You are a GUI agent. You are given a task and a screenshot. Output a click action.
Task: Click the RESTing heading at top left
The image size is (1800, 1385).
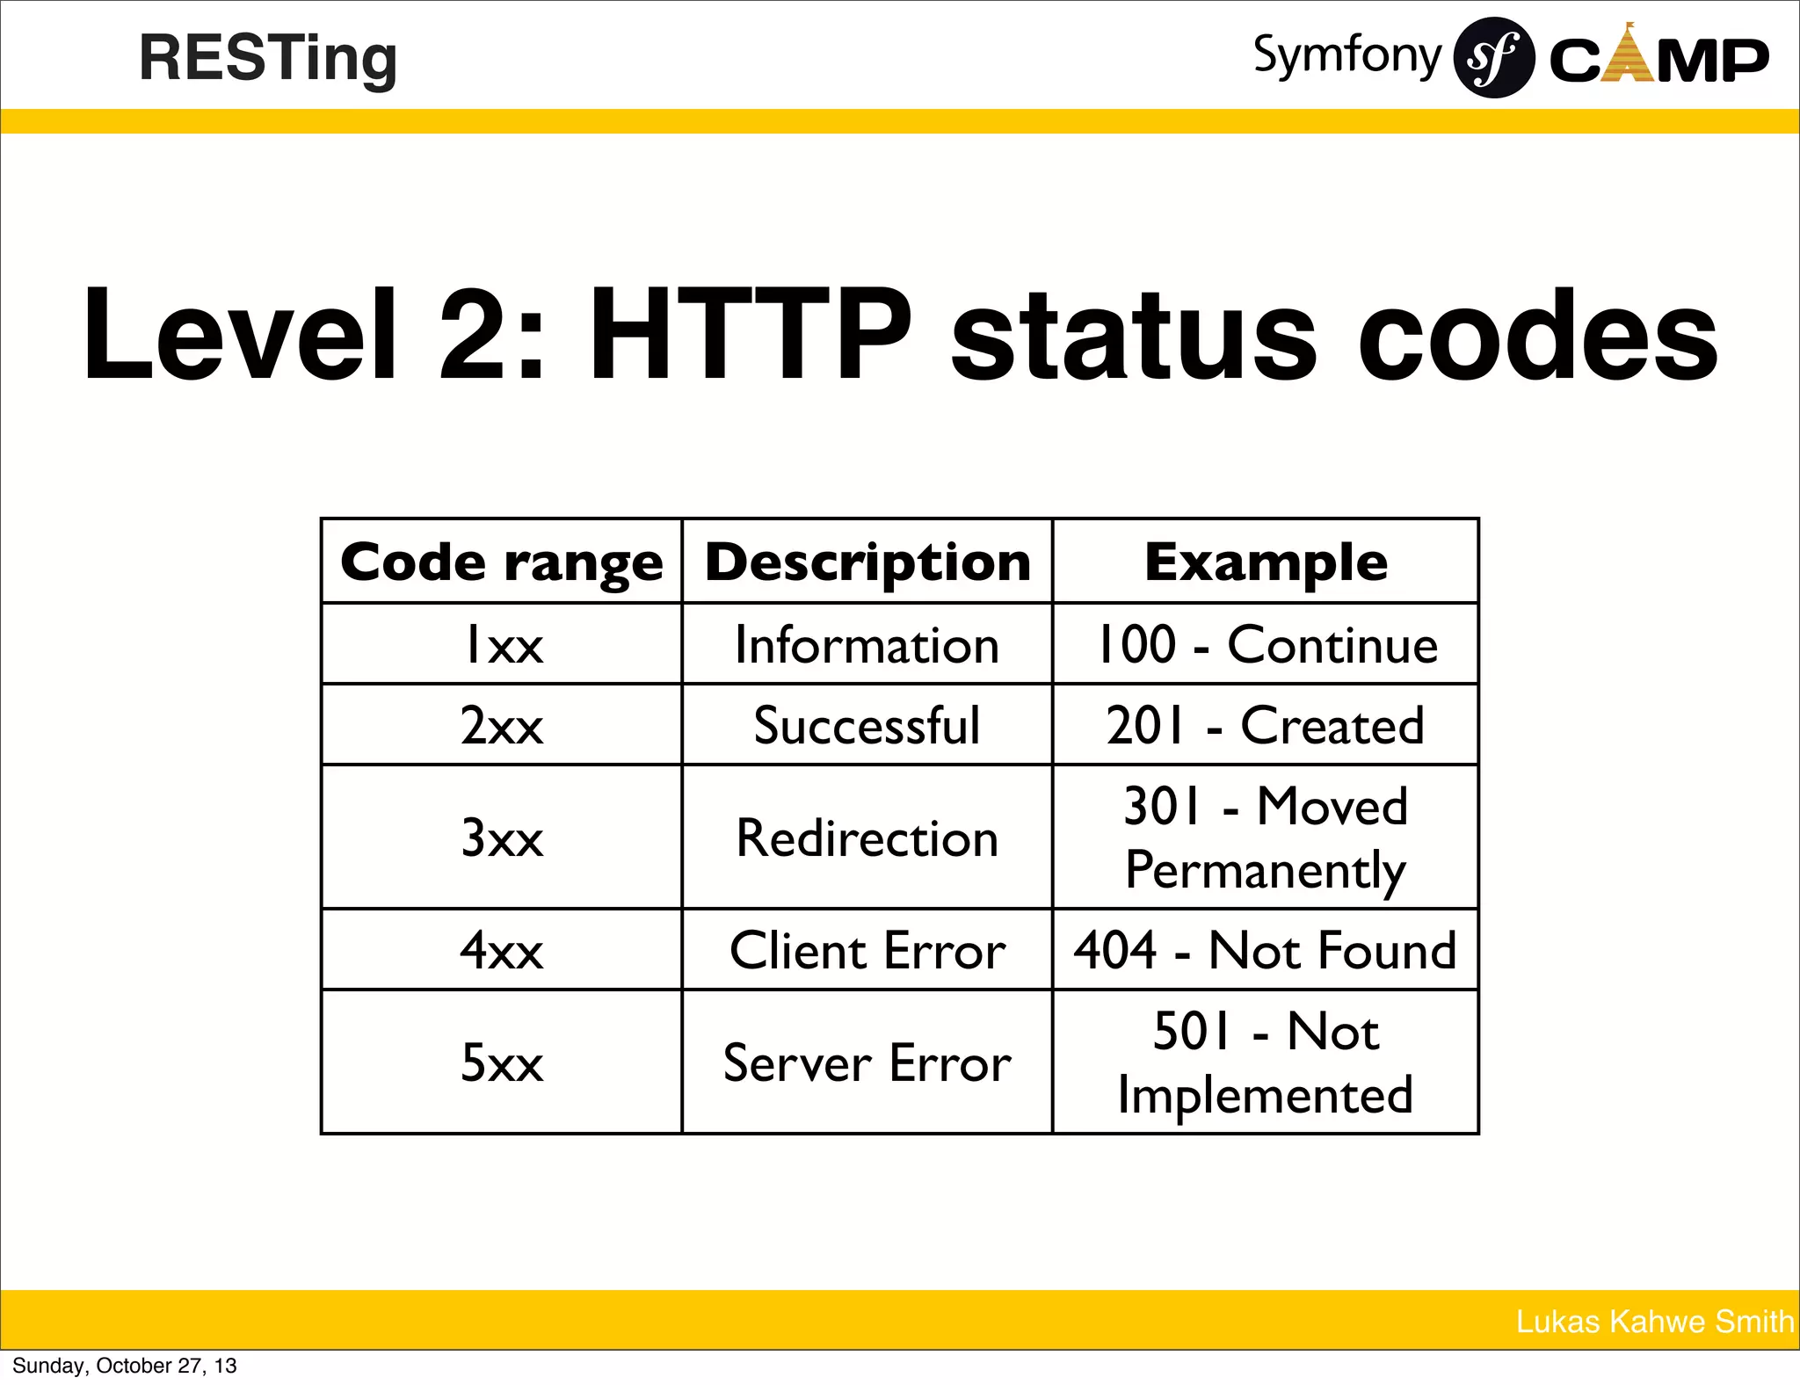(x=268, y=60)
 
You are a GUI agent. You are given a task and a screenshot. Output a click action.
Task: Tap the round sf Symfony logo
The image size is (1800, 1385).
(x=1493, y=58)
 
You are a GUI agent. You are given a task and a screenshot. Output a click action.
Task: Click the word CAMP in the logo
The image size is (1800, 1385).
(x=1658, y=60)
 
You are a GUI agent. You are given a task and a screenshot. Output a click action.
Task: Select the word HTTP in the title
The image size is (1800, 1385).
(x=751, y=336)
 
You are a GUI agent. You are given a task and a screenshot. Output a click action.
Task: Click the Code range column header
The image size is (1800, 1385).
(x=502, y=562)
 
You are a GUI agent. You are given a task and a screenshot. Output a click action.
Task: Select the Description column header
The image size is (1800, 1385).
(x=867, y=562)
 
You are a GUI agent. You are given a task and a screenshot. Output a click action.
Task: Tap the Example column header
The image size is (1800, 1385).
(x=1266, y=562)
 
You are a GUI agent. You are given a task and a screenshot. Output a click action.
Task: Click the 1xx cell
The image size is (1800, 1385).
(x=502, y=645)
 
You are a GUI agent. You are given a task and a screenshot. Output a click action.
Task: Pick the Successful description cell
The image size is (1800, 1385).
(x=867, y=726)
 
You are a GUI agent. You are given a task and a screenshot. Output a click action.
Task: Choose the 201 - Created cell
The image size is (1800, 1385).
(x=1266, y=726)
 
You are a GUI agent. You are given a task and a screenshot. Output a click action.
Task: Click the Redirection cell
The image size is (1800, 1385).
(x=867, y=838)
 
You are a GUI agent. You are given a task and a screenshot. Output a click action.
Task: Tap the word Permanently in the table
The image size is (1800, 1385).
(x=1266, y=871)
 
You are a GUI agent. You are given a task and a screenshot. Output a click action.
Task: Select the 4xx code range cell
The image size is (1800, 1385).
(x=502, y=950)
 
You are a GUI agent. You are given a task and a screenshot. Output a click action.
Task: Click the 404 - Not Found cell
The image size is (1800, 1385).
(x=1266, y=950)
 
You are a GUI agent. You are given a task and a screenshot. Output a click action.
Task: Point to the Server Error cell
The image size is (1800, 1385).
(x=867, y=1062)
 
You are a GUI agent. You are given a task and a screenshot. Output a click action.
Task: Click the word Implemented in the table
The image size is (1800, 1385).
(x=1266, y=1096)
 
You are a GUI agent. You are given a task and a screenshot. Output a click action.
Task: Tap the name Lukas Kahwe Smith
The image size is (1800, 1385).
(x=1654, y=1322)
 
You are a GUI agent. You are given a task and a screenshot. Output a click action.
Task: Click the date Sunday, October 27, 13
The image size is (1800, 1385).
(x=125, y=1366)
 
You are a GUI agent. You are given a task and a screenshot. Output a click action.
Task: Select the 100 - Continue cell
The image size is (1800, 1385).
(x=1266, y=645)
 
